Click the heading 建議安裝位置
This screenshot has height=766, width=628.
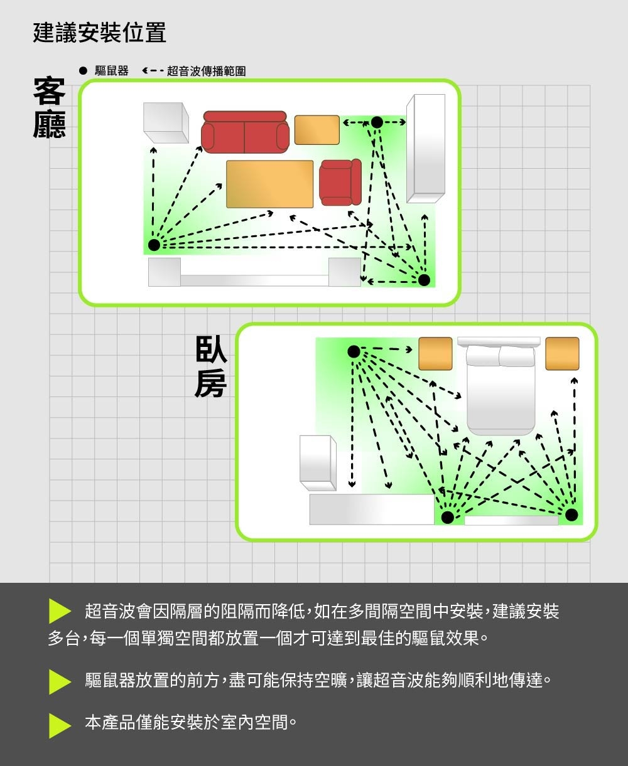point(100,33)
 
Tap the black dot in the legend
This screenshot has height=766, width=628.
point(84,70)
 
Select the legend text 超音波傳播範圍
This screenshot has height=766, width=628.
point(206,71)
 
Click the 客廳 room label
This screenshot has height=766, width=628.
point(50,107)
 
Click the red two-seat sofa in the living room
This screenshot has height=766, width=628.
point(245,132)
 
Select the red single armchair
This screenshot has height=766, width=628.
point(340,183)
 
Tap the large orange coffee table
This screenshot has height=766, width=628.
point(269,184)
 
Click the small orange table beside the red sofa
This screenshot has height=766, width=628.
point(317,130)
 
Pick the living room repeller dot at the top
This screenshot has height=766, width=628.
point(377,122)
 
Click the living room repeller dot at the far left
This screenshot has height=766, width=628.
point(154,245)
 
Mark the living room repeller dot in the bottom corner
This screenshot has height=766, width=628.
point(424,280)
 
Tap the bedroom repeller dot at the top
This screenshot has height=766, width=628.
point(354,351)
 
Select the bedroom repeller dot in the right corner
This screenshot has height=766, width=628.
point(571,514)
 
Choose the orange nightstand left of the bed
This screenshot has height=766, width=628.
point(435,353)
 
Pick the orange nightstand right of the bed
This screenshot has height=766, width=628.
point(562,353)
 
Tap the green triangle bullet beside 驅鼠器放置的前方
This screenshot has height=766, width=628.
point(60,681)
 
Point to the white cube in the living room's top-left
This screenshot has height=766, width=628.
point(166,122)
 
